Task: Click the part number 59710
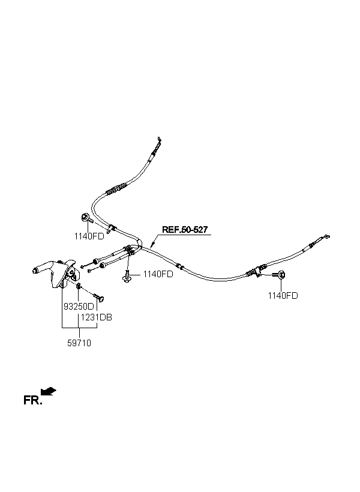click(x=80, y=343)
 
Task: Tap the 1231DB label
click(x=97, y=317)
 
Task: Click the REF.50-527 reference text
click(x=186, y=230)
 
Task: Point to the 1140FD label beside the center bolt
click(x=158, y=274)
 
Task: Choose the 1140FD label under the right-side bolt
click(x=283, y=295)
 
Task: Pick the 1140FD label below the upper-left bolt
click(x=89, y=236)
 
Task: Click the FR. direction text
click(x=32, y=400)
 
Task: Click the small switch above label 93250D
click(x=79, y=293)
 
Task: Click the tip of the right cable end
click(x=328, y=236)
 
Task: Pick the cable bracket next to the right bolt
click(x=258, y=272)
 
